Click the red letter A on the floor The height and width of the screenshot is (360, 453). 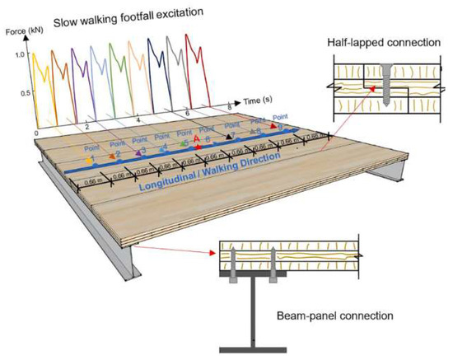tap(198, 139)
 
